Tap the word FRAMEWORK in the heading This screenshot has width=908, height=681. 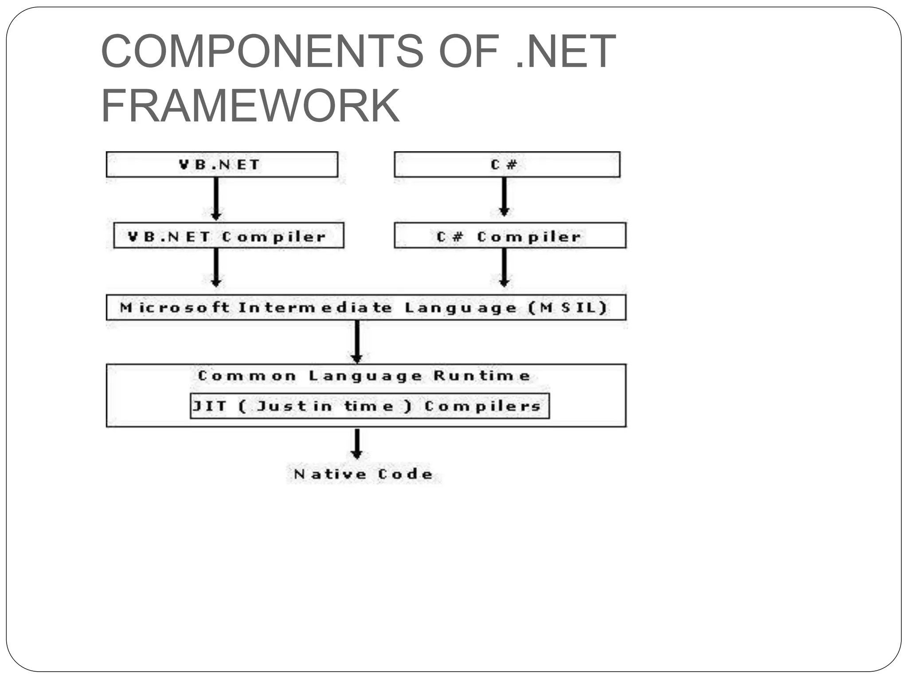pos(250,106)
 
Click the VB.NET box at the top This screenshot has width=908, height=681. pos(222,164)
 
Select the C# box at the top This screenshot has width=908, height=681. pos(507,164)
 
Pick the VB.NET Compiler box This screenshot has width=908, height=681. pos(228,236)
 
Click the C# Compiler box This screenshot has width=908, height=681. pos(510,236)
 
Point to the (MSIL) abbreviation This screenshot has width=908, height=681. pos(568,307)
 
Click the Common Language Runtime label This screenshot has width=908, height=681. pos(364,376)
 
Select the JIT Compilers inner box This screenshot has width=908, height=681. pos(369,406)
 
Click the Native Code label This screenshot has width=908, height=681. pos(363,474)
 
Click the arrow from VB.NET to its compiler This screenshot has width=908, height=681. pos(216,199)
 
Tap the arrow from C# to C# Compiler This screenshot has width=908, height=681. pos(504,196)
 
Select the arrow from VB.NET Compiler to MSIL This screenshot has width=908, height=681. pos(216,268)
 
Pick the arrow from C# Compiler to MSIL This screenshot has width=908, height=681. pos(504,268)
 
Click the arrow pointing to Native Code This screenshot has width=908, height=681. pos(357,443)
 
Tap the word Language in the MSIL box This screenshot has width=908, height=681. pos(461,308)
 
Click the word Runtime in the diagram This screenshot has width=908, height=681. pos(482,376)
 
